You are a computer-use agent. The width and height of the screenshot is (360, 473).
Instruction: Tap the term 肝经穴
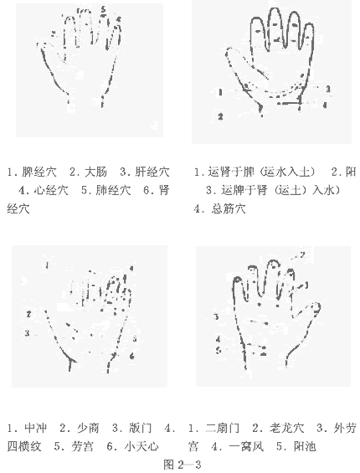click(x=152, y=172)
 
